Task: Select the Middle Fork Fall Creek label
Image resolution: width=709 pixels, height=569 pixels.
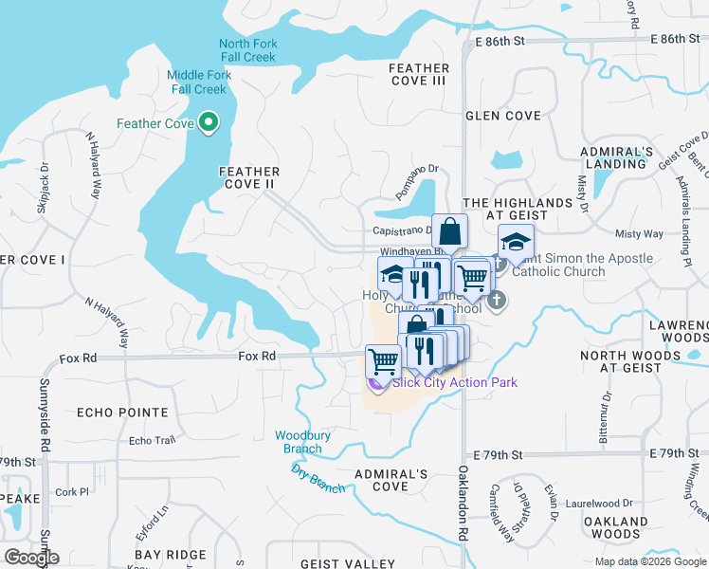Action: point(198,83)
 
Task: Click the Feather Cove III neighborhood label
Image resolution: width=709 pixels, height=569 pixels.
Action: point(418,75)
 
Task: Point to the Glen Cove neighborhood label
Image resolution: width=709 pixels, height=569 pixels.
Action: point(503,116)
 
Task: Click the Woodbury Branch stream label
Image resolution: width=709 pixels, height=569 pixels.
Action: point(302,442)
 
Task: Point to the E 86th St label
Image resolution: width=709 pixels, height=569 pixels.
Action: point(500,41)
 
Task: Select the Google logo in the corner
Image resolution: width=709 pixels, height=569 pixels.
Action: point(31,558)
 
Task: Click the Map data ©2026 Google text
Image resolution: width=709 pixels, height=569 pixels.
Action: point(649,561)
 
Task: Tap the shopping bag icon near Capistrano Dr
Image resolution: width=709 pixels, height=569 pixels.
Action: point(449,230)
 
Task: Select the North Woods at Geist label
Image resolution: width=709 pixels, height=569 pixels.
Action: point(621,361)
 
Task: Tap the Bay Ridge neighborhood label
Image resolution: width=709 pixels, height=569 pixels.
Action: point(171,554)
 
